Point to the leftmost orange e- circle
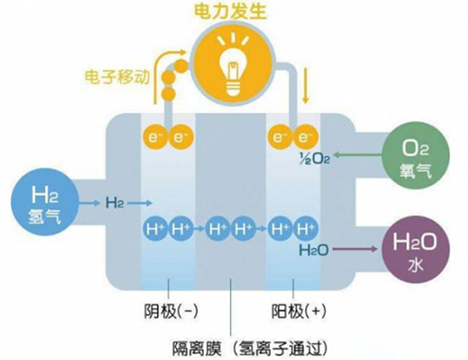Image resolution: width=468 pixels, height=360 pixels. tap(154, 138)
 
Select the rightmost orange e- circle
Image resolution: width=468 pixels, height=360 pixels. tap(303, 138)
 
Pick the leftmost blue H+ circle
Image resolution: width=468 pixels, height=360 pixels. tap(154, 228)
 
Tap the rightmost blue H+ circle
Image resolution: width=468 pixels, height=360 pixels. tap(303, 228)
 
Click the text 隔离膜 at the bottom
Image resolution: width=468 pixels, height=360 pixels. tap(193, 344)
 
